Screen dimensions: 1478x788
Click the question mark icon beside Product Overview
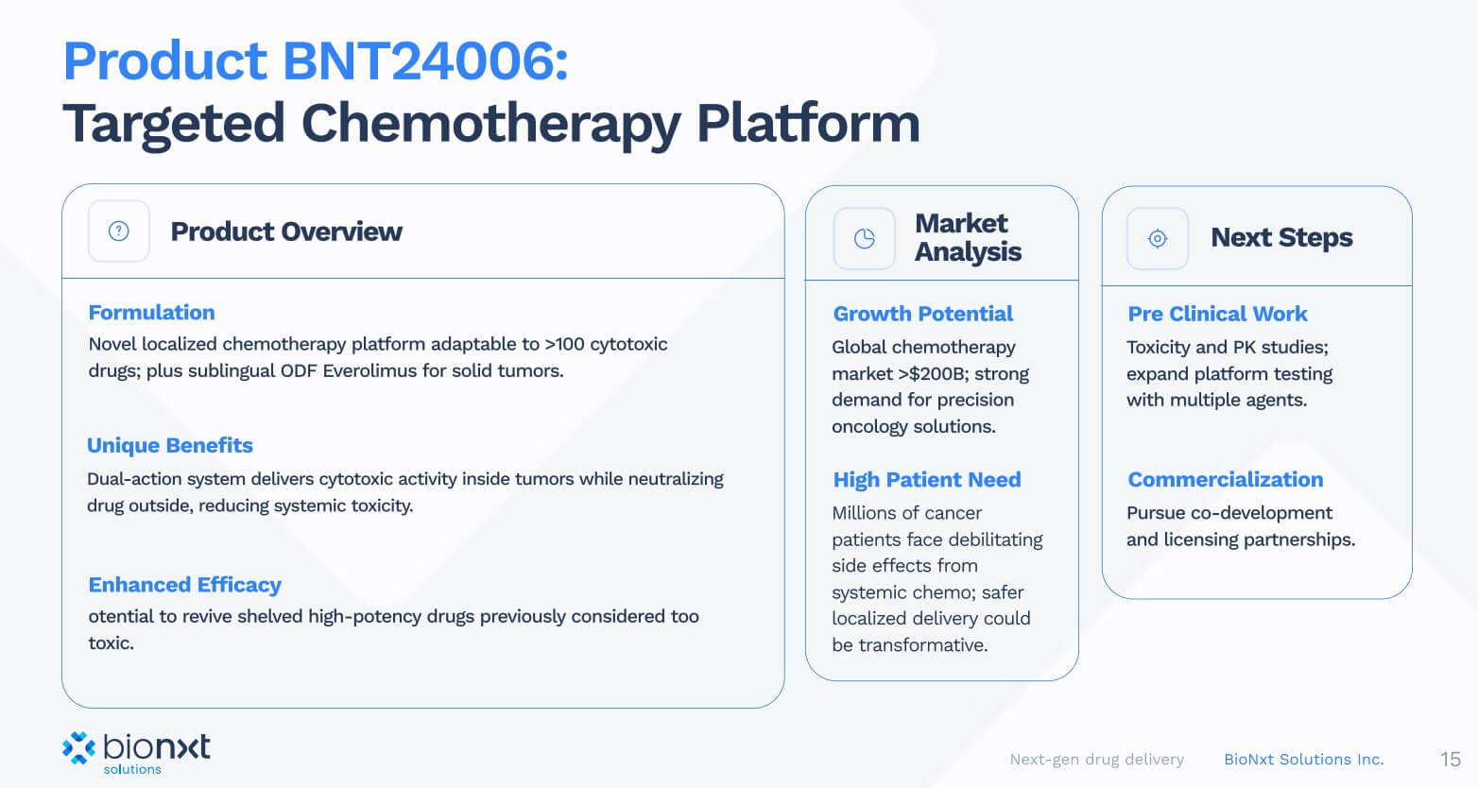coord(119,231)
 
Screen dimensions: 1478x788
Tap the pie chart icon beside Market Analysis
coord(865,238)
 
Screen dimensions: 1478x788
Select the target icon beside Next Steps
coord(1158,238)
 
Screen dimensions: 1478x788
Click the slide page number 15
coord(1451,759)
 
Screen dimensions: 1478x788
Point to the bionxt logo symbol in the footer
coord(78,747)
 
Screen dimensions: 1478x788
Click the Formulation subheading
coord(152,312)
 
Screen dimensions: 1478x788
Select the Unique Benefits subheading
coord(169,445)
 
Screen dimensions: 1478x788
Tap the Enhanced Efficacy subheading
coord(185,585)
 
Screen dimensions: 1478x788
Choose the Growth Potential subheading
coord(922,314)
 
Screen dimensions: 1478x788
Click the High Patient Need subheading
coord(926,480)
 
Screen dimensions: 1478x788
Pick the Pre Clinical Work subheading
coord(1217,314)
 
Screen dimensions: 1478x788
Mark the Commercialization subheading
coord(1226,480)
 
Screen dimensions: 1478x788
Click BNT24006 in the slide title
coord(425,60)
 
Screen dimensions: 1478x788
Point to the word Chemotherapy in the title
coord(490,124)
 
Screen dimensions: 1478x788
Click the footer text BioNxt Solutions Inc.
coord(1304,760)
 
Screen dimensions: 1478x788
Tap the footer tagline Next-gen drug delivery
coord(1096,760)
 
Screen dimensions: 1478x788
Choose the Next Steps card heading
coord(1281,237)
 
